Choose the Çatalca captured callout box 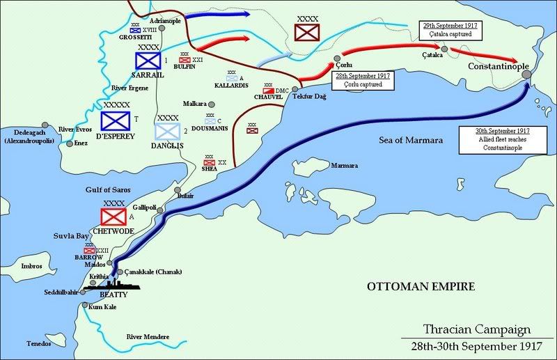448,29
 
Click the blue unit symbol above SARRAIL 147,61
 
